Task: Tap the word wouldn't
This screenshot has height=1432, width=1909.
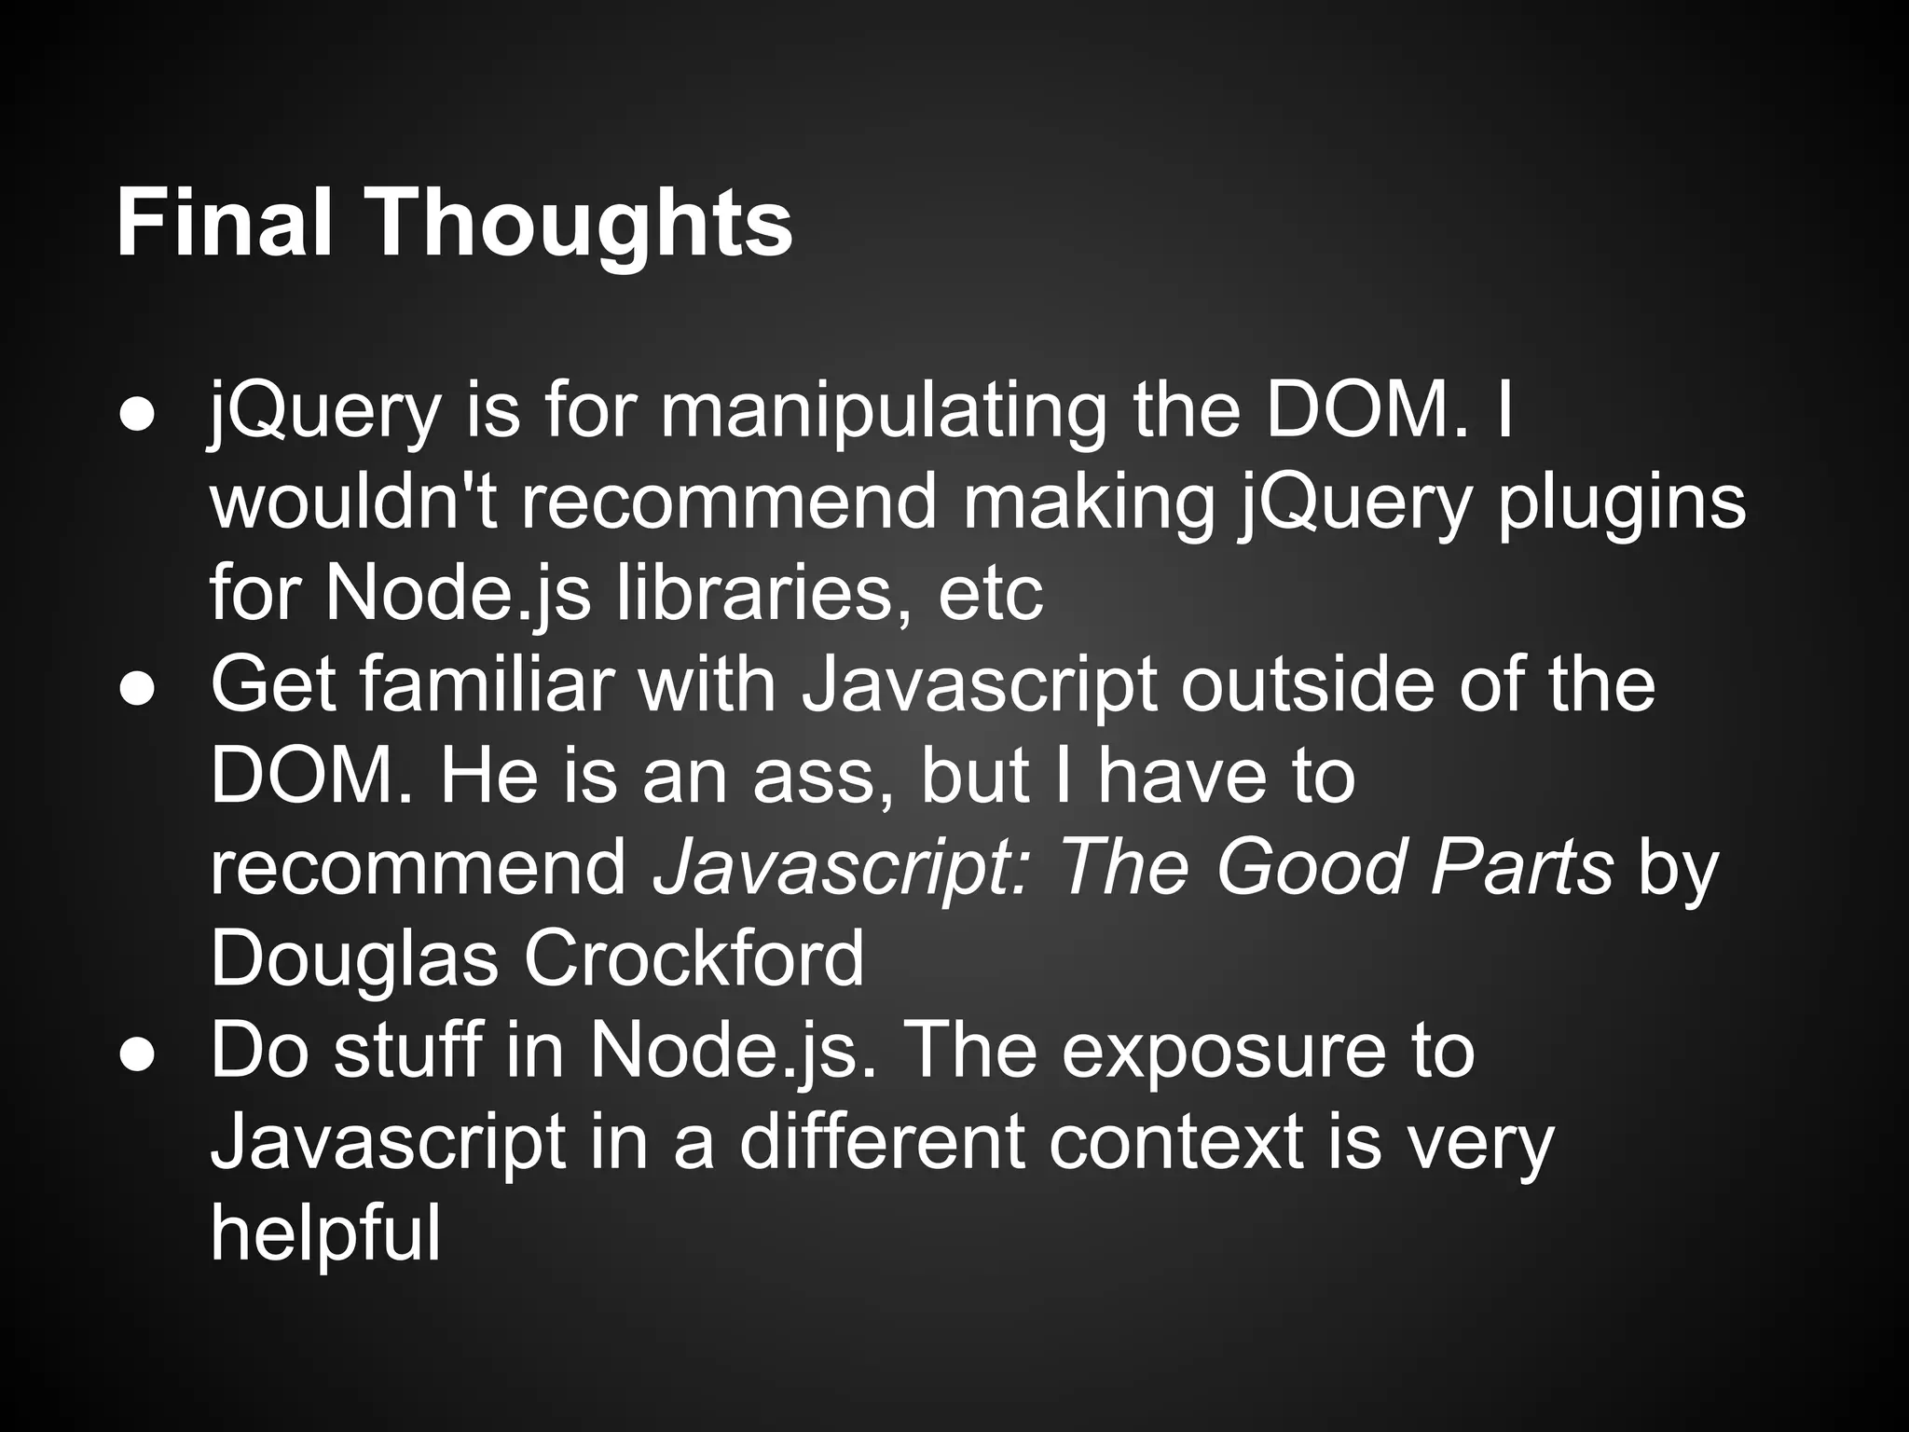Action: (353, 502)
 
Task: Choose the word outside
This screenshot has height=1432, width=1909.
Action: (1307, 683)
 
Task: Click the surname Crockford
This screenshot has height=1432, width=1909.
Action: (694, 958)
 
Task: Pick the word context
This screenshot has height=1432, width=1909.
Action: (1174, 1143)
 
